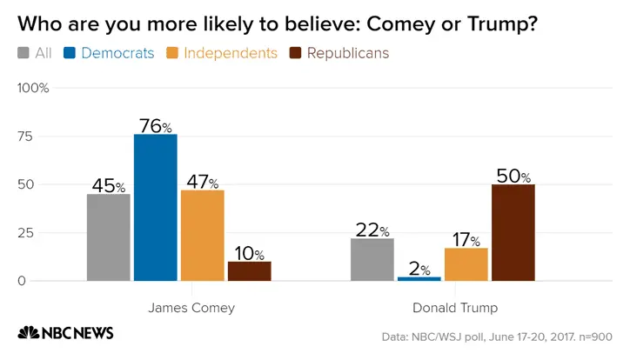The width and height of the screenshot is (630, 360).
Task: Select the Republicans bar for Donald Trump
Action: click(x=513, y=232)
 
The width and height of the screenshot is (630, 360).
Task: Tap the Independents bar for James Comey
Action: click(x=202, y=235)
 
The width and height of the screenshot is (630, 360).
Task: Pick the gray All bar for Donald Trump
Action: click(x=372, y=259)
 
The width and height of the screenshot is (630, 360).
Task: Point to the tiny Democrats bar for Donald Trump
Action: click(x=419, y=278)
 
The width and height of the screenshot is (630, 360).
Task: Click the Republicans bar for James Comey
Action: click(x=249, y=270)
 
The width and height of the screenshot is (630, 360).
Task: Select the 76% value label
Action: click(x=155, y=125)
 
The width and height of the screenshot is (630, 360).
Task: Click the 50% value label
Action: click(x=513, y=175)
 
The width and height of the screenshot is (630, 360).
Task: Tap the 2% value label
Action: click(x=419, y=269)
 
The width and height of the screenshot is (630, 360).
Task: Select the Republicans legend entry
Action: click(x=340, y=53)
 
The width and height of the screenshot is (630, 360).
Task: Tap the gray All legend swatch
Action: click(x=23, y=53)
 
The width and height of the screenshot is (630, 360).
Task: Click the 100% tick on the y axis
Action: click(x=34, y=89)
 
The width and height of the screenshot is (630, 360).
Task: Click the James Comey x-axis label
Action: click(x=191, y=308)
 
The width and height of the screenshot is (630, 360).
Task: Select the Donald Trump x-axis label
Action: click(x=454, y=308)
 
